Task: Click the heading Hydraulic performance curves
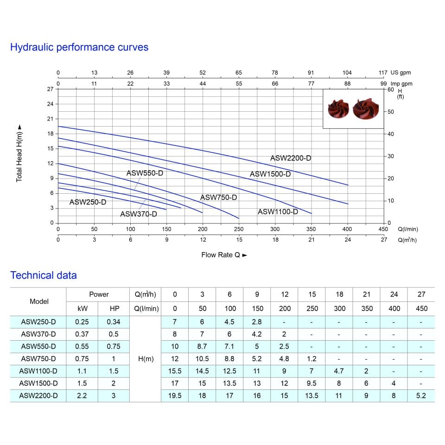tap(79, 47)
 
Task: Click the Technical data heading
tap(44, 275)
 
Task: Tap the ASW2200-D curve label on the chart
tap(291, 158)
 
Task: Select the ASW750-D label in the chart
tap(218, 197)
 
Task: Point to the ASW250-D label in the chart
tap(88, 202)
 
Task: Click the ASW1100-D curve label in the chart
tap(278, 212)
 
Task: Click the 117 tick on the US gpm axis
tap(383, 73)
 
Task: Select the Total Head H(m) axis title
tap(19, 153)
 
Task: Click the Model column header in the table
tap(39, 301)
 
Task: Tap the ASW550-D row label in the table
tap(38, 346)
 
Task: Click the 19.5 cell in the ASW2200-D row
tap(175, 395)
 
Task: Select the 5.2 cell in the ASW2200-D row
tap(422, 395)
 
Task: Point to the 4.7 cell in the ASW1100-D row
tap(339, 371)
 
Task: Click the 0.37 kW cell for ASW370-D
tap(82, 334)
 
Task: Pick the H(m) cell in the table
tap(146, 359)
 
